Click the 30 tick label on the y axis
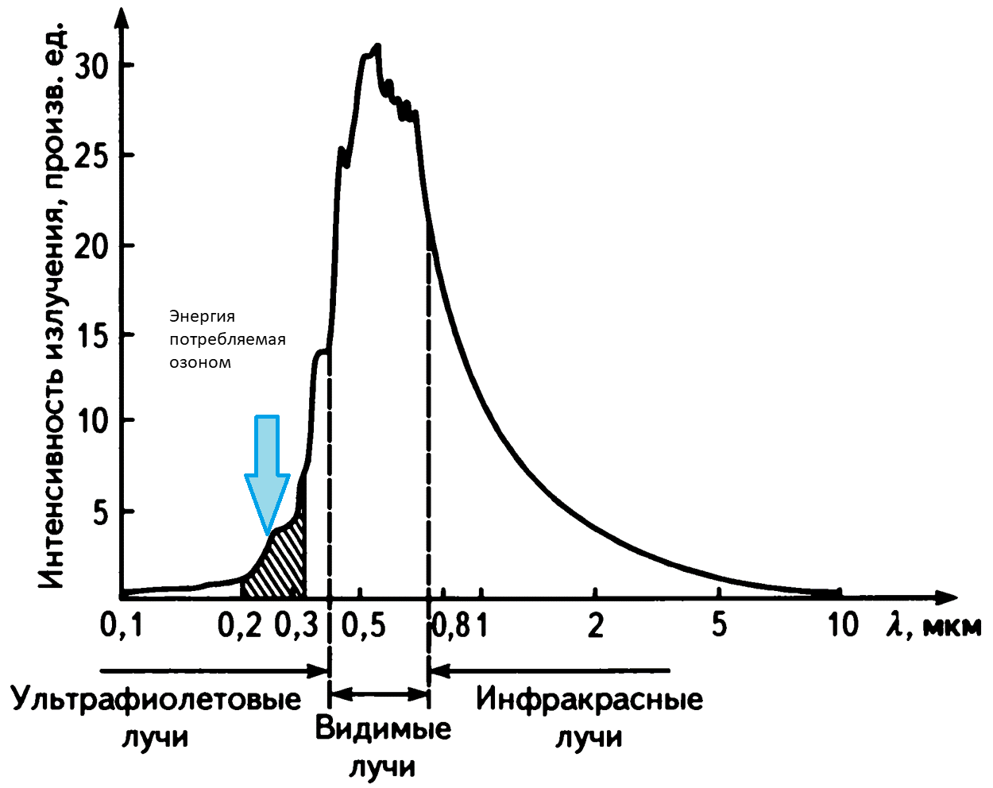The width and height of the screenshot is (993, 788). click(x=93, y=65)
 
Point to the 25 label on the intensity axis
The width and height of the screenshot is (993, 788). click(x=93, y=155)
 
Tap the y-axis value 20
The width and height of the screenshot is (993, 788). click(x=93, y=245)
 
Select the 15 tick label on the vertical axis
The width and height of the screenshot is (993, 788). click(x=93, y=336)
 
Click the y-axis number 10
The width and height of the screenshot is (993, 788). click(x=93, y=420)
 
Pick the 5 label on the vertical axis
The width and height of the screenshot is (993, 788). click(x=101, y=512)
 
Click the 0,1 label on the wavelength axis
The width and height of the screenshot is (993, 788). click(x=122, y=626)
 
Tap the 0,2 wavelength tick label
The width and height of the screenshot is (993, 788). click(x=239, y=626)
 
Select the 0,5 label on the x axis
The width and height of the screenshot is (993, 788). click(x=363, y=626)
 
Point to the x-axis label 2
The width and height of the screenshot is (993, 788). click(x=595, y=626)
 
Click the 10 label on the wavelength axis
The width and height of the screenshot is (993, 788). click(x=843, y=626)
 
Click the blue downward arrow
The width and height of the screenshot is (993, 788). click(x=267, y=469)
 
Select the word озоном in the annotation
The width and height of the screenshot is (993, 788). click(x=200, y=362)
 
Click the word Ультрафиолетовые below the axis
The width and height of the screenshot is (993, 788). click(x=156, y=700)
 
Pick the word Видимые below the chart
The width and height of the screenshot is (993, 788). click(x=383, y=728)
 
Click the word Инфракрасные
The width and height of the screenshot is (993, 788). click(x=589, y=700)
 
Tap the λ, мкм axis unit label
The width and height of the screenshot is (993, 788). click(x=934, y=626)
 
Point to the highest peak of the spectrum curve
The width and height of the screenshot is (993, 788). click(x=378, y=46)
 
